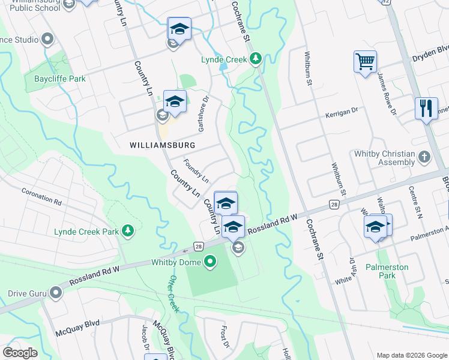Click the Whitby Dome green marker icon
point(210,261)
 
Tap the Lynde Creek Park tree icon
point(127,230)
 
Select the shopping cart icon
point(365,61)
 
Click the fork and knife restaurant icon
point(426,109)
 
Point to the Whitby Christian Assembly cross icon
point(424,158)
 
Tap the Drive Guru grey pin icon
point(56,293)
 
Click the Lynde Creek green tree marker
point(256,58)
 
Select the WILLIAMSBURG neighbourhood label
point(163,145)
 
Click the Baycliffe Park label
point(60,79)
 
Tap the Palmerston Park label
point(387,271)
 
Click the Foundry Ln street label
point(196,171)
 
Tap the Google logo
point(20,353)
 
